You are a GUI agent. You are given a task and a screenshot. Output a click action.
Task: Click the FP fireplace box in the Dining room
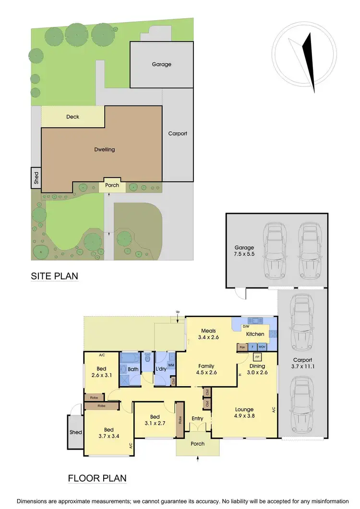[257, 357]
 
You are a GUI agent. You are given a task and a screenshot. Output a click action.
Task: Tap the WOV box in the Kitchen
[262, 346]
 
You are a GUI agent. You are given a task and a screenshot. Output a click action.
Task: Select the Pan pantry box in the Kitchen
[242, 346]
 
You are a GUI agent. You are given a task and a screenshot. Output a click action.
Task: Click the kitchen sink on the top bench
[253, 320]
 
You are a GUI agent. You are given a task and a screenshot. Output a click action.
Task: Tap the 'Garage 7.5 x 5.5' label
[244, 251]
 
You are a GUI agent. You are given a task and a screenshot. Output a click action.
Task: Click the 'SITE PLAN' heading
[54, 276]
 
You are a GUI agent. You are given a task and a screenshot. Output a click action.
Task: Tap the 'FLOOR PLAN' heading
[97, 478]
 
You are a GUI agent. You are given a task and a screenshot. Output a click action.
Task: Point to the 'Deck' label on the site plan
[73, 117]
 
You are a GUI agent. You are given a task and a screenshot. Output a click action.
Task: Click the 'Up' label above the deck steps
[177, 312]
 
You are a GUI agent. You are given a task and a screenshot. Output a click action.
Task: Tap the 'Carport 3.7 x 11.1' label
[302, 363]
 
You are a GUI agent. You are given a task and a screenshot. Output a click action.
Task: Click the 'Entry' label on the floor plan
[197, 418]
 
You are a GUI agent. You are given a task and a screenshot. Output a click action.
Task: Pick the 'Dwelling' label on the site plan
[104, 149]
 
